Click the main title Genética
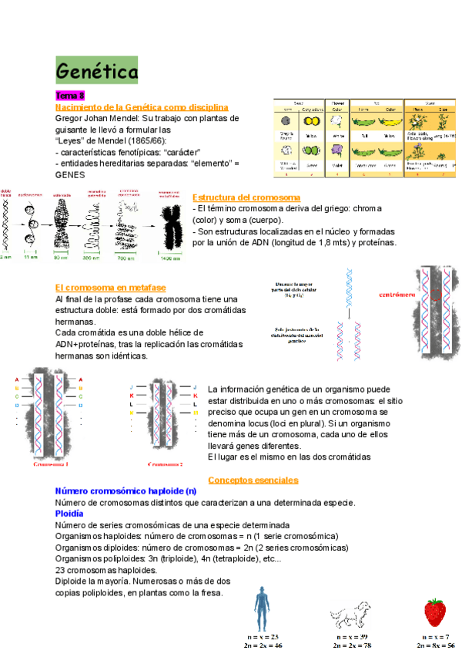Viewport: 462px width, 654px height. point(96,71)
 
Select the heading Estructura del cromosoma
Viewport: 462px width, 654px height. point(246,197)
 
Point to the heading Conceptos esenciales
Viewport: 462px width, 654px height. point(253,480)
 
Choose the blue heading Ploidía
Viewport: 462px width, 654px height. point(70,513)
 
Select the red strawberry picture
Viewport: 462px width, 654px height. point(435,612)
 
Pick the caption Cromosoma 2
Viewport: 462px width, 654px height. point(167,465)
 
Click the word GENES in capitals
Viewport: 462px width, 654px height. point(71,174)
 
